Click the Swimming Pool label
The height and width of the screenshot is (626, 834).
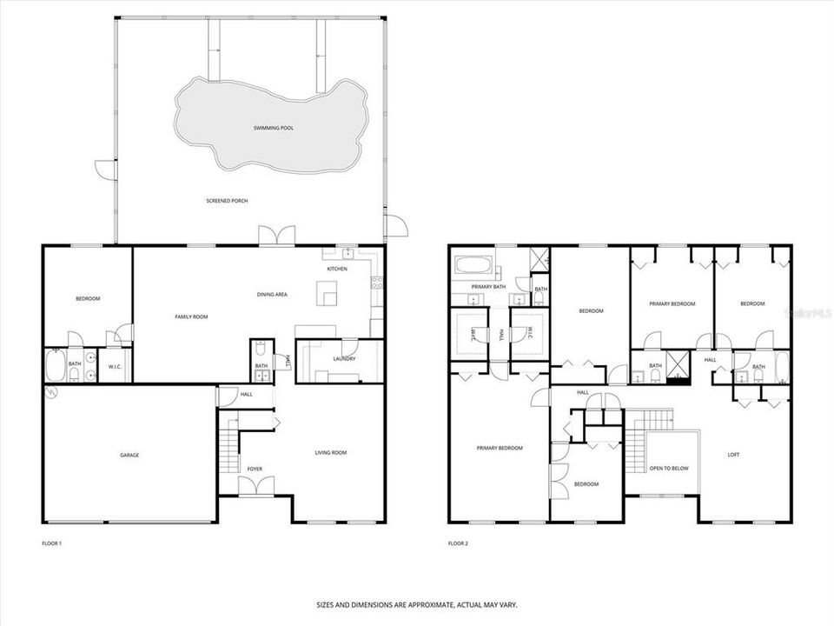point(274,128)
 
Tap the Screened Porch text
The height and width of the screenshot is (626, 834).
point(228,201)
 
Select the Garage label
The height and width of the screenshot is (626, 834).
point(129,455)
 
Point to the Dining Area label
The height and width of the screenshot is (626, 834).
point(272,295)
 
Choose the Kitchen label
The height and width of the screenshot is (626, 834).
point(337,269)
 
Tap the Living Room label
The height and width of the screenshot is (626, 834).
point(330,452)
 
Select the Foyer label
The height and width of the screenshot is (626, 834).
point(255,469)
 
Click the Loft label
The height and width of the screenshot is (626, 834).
point(733,455)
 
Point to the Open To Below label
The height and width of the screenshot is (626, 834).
point(669,469)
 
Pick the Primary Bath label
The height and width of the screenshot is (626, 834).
point(488,286)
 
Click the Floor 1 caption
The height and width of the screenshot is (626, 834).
point(52,543)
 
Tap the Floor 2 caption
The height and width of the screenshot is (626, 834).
point(458,543)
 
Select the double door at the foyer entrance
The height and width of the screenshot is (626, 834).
point(255,486)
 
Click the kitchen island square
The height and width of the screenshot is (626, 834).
point(327,297)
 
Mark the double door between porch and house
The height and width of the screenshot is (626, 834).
point(277,236)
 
